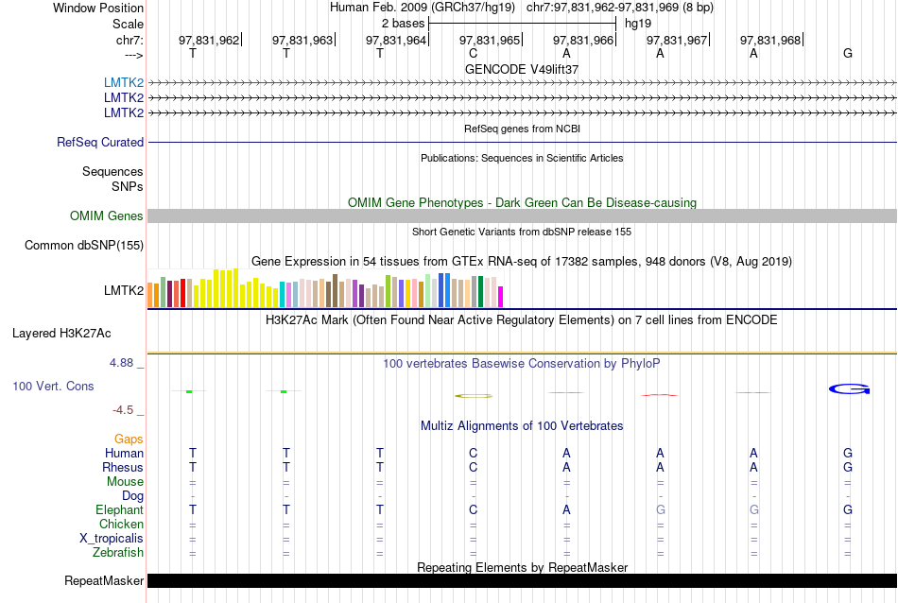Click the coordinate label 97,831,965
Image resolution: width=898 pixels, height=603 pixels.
490,40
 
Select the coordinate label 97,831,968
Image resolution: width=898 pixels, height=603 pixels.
770,40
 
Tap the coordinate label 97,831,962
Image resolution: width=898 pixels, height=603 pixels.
209,40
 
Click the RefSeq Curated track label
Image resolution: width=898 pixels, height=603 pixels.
100,143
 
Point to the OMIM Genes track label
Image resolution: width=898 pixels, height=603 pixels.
107,216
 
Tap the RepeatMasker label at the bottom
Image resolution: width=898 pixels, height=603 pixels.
104,580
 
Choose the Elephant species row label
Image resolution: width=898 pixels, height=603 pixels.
119,510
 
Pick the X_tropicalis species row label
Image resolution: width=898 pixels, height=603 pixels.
112,539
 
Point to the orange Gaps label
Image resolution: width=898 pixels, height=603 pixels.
129,439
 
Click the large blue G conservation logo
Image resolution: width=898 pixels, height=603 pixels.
849,388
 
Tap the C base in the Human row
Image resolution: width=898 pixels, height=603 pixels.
473,454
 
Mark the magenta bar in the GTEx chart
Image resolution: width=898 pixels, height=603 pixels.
501,297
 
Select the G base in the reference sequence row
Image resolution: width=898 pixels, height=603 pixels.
848,53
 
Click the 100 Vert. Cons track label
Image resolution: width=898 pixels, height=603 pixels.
54,387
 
